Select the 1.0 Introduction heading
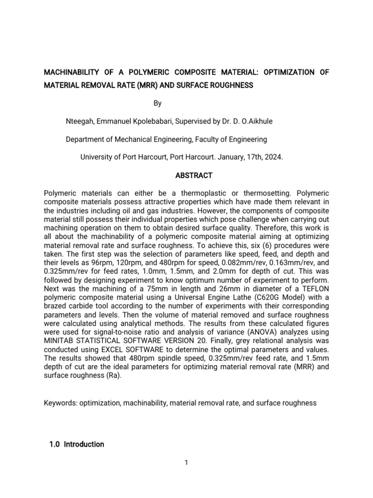[77, 444]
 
